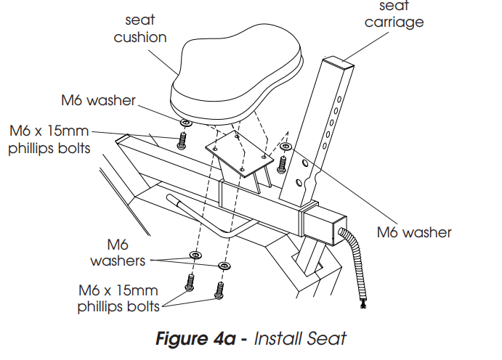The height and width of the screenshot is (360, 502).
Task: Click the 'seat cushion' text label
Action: coord(139,28)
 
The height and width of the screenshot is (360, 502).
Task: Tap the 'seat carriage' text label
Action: coord(394,15)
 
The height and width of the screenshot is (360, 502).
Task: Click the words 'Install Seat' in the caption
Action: coord(299,338)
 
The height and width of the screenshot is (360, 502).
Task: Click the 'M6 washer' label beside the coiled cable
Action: coord(414,233)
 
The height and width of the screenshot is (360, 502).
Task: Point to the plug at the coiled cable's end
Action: coord(363,303)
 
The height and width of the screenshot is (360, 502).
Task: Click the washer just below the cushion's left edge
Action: coord(184,121)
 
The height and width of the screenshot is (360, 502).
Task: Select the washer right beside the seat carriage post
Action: coord(286,147)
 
